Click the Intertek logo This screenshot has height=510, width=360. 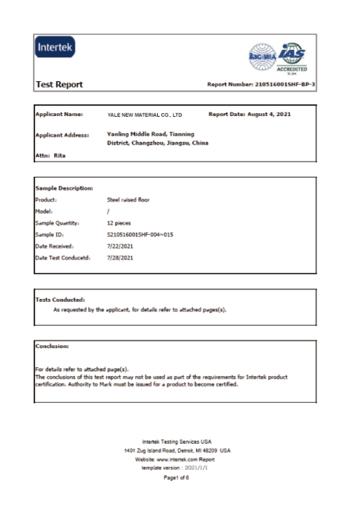click(55, 47)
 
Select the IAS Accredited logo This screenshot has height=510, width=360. click(292, 56)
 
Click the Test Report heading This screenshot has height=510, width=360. click(59, 85)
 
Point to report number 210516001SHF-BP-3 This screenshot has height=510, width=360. click(285, 85)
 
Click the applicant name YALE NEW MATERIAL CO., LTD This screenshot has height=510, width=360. click(144, 115)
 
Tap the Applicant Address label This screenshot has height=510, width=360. click(62, 135)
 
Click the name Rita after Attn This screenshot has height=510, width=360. click(60, 156)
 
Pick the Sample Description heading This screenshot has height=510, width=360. click(64, 188)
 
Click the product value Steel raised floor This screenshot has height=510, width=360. click(128, 200)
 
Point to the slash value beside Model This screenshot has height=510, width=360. click(108, 211)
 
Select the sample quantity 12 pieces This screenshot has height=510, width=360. click(119, 223)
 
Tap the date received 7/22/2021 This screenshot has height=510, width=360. click(120, 246)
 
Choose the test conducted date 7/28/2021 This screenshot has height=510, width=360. click(120, 258)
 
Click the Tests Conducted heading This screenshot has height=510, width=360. click(60, 300)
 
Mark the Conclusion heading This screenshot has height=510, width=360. click(52, 346)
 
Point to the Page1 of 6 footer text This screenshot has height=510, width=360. click(176, 478)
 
